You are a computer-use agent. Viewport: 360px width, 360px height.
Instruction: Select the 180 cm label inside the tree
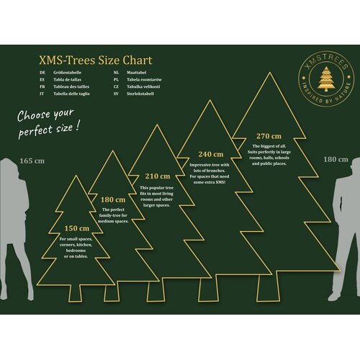pyautogui.click(x=112, y=199)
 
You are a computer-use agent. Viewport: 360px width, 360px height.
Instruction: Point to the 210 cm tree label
pyautogui.click(x=158, y=176)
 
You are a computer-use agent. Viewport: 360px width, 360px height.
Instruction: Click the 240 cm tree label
pyautogui.click(x=211, y=154)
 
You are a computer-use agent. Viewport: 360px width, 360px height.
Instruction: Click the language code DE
pyautogui.click(x=43, y=73)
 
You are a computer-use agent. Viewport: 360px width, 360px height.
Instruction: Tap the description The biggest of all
pyautogui.click(x=271, y=147)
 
